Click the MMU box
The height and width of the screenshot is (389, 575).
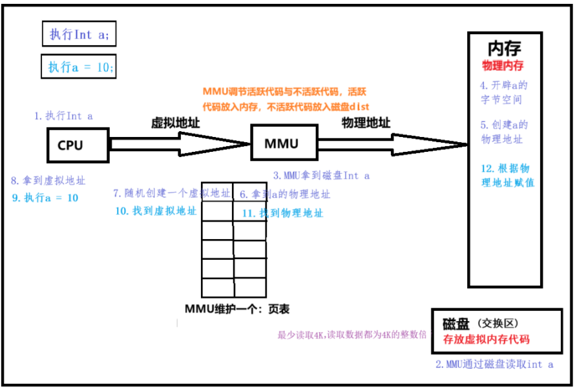pyautogui.click(x=281, y=143)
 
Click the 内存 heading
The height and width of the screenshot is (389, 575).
pyautogui.click(x=504, y=48)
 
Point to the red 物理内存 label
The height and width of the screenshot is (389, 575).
pyautogui.click(x=503, y=66)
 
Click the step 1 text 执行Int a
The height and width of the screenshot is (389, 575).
pyautogui.click(x=64, y=116)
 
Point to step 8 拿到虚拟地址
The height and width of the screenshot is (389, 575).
pyautogui.click(x=48, y=181)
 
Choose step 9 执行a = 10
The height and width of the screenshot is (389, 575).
pyautogui.click(x=45, y=198)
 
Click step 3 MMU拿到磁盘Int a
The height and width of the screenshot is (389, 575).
pyautogui.click(x=321, y=174)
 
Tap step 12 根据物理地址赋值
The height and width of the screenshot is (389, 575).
pyautogui.click(x=507, y=175)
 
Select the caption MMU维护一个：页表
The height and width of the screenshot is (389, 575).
pyautogui.click(x=232, y=309)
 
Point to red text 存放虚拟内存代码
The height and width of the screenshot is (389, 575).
pyautogui.click(x=486, y=339)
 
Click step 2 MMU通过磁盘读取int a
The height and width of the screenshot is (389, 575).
pyautogui.click(x=495, y=364)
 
